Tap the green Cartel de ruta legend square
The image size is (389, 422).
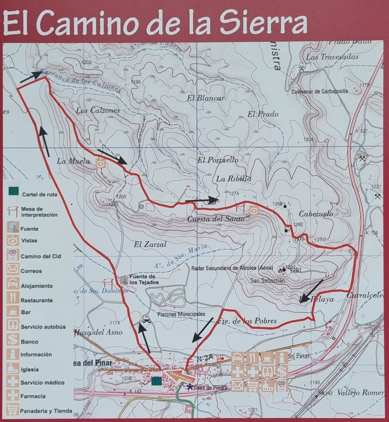[x=13, y=191]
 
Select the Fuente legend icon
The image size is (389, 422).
[x=13, y=227]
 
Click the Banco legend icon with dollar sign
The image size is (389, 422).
[x=13, y=340]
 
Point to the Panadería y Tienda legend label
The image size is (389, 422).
[x=46, y=411]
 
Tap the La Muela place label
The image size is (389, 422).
[x=73, y=161]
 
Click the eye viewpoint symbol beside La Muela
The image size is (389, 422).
[x=101, y=164]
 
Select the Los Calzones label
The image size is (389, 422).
[x=98, y=111]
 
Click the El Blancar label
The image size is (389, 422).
[x=206, y=98]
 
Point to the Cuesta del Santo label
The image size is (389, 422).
[x=216, y=219]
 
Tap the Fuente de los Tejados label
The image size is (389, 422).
[x=144, y=280]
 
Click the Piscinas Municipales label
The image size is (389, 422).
[x=181, y=314]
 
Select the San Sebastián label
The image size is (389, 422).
[x=267, y=281]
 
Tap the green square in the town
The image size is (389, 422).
[x=156, y=381]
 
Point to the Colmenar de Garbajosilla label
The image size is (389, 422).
[x=319, y=92]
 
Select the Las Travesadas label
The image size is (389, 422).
[x=332, y=57]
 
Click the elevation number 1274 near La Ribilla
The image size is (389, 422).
[x=234, y=193]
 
